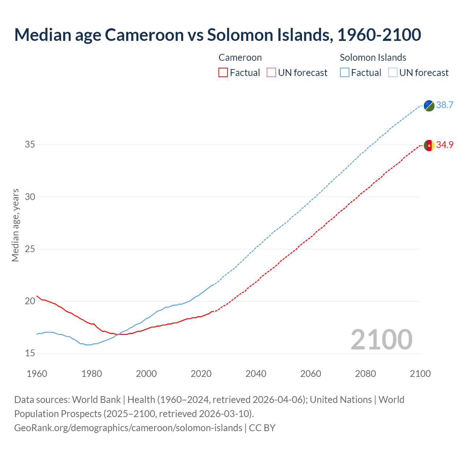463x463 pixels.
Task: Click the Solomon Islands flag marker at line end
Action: point(429,106)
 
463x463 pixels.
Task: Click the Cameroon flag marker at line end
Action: point(429,145)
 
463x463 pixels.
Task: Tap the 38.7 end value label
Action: point(445,105)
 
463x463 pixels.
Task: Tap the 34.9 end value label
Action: point(445,145)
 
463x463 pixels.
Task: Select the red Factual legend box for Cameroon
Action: point(223,73)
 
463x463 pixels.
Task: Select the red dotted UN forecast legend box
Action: point(271,73)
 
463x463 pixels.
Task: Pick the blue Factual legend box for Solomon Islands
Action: point(345,73)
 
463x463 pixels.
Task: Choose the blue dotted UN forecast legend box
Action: point(392,73)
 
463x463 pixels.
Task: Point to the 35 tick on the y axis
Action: point(30,145)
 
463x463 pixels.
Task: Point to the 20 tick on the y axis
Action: point(30,301)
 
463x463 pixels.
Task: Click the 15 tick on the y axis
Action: point(30,353)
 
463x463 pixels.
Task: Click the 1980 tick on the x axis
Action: point(92,374)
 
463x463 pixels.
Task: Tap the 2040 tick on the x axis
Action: point(256,374)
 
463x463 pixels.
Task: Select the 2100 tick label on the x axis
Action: point(420,374)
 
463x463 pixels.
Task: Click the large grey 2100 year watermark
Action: point(381,340)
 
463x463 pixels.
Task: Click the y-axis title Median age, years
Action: point(15,225)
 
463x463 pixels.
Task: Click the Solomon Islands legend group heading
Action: point(373,58)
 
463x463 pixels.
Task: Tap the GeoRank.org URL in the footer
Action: point(128,428)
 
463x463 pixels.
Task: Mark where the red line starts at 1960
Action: point(37,296)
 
